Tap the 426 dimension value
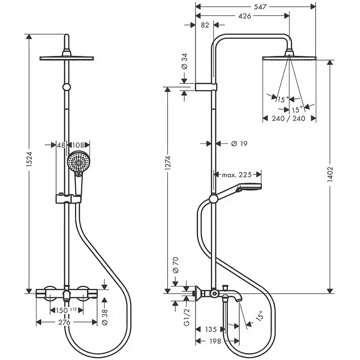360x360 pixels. click(x=244, y=16)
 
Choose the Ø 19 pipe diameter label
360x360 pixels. click(x=237, y=145)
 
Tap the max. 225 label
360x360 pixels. click(x=237, y=175)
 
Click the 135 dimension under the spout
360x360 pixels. click(x=210, y=330)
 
